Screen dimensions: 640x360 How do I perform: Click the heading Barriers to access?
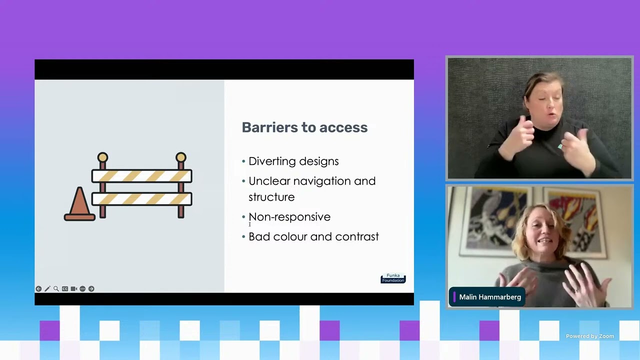[x=304, y=127]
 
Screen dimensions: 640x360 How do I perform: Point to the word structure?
[x=271, y=197]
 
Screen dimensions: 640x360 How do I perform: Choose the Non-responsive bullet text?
[x=289, y=217]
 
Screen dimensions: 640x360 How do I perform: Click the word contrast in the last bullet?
[x=357, y=237]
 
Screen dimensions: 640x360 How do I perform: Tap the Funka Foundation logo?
[x=393, y=278]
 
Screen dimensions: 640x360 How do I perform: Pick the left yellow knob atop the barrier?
[x=102, y=157]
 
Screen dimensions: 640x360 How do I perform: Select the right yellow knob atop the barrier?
[x=180, y=157]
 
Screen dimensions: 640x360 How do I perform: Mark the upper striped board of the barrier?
[x=141, y=176]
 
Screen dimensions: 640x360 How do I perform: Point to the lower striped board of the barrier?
[x=141, y=199]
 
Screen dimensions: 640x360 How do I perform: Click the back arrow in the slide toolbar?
[x=38, y=289]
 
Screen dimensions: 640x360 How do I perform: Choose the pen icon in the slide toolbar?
[x=47, y=289]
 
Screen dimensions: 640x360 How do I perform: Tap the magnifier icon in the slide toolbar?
[x=56, y=289]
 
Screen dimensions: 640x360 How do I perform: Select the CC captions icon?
[x=65, y=289]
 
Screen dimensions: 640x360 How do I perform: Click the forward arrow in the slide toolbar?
[x=91, y=289]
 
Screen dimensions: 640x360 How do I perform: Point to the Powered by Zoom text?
[x=589, y=336]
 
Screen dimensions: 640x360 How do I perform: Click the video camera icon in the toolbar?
[x=73, y=289]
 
